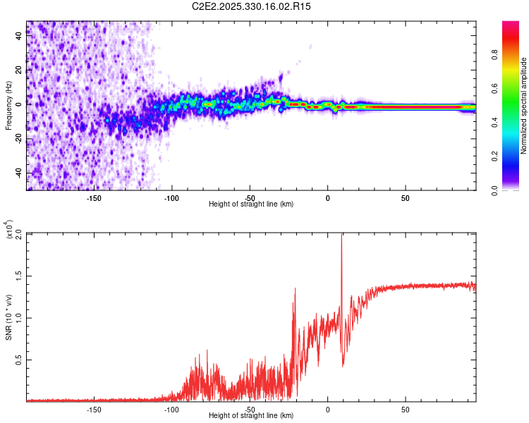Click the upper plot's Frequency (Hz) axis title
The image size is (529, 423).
point(8,106)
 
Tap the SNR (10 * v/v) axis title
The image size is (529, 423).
point(8,317)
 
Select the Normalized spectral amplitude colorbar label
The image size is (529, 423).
point(524,106)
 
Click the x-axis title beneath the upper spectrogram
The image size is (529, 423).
point(251,204)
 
